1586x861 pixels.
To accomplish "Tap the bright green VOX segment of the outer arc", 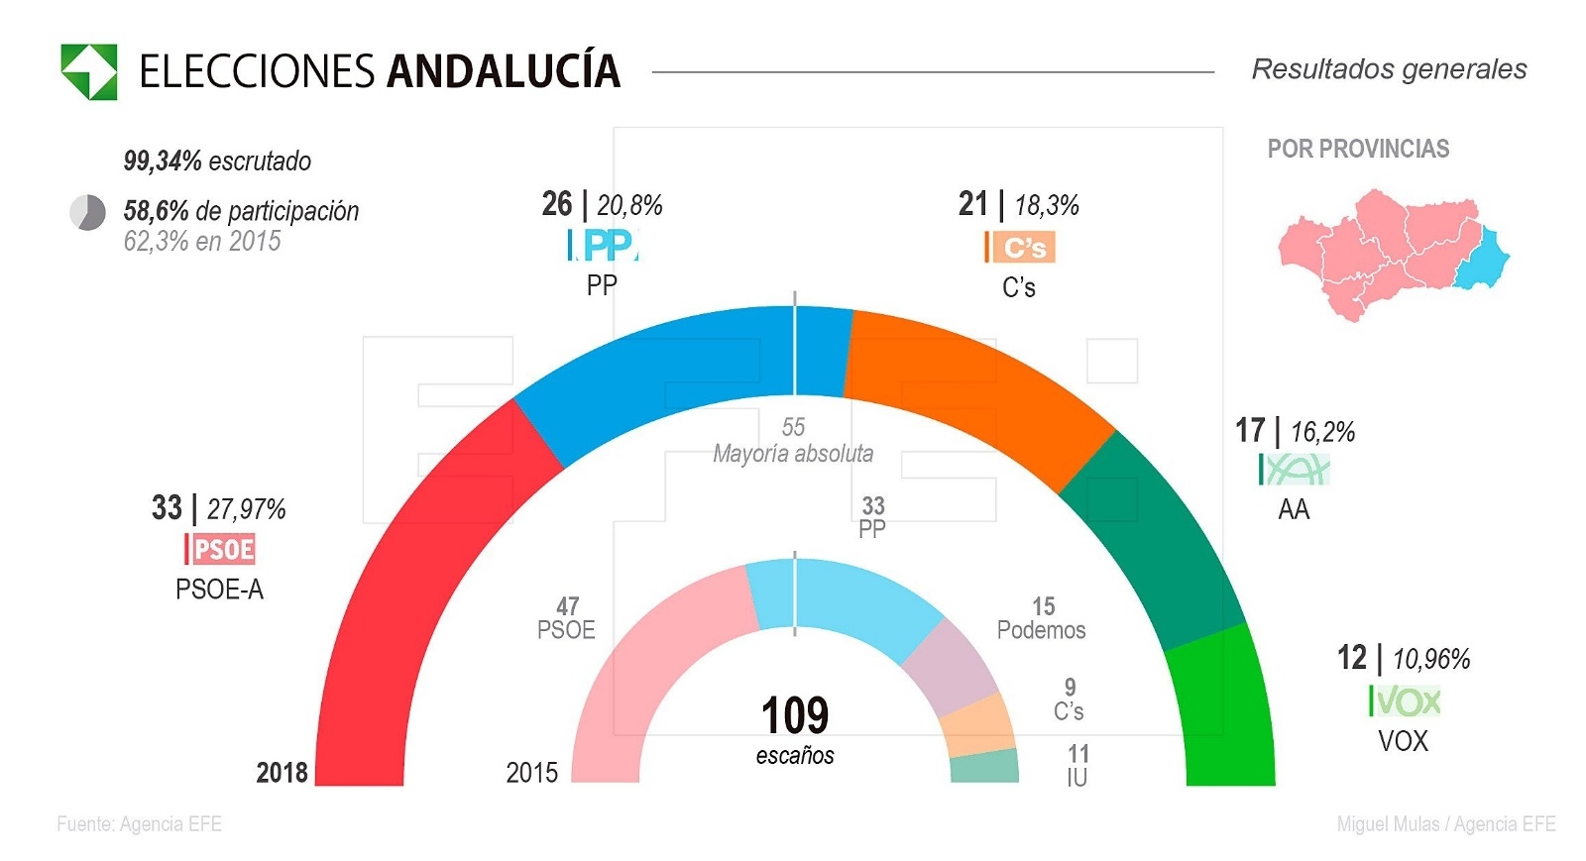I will click(1224, 713).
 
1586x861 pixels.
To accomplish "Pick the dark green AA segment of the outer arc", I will click(1150, 535).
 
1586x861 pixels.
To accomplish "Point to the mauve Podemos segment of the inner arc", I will click(952, 669).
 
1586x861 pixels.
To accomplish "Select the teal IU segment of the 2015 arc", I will click(984, 766).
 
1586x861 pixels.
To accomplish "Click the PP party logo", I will click(603, 245).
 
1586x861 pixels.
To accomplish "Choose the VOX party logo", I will click(1405, 701).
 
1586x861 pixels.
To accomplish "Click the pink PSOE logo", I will click(220, 549).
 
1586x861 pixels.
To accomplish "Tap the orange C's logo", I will click(1020, 247).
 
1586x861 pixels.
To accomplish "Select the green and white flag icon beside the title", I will click(89, 71).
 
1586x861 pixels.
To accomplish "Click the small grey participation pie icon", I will click(87, 212).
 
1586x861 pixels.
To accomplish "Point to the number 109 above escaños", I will click(795, 715).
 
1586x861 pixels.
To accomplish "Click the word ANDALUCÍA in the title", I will click(503, 71).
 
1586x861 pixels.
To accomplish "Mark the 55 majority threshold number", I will click(793, 427).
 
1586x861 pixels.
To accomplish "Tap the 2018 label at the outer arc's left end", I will click(283, 772).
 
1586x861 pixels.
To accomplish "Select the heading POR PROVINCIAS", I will click(1358, 149).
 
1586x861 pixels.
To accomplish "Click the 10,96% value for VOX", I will click(1431, 659).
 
